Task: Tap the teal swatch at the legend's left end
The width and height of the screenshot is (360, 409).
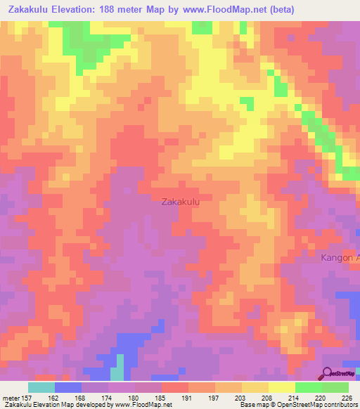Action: click(41, 387)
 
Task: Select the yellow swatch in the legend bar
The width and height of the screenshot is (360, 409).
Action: click(281, 387)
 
